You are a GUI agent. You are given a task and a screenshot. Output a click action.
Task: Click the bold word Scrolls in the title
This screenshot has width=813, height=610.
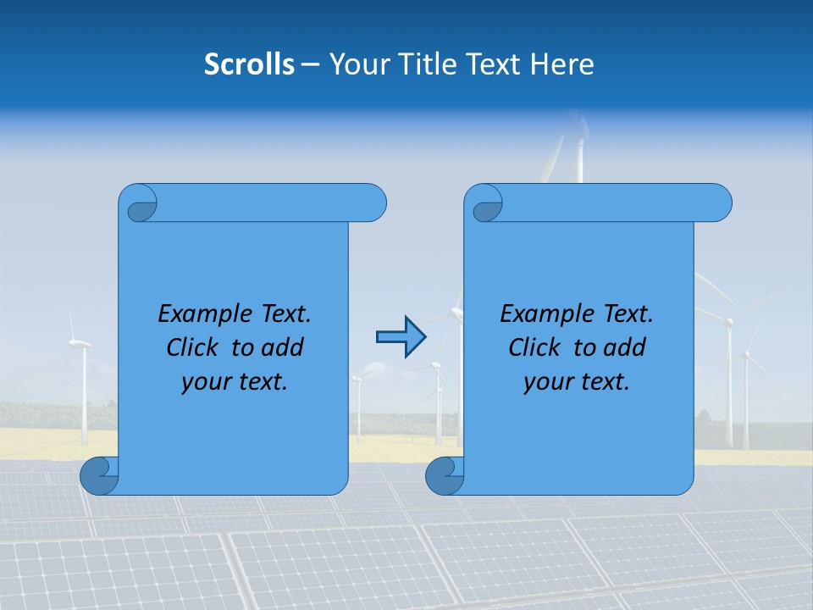point(249,64)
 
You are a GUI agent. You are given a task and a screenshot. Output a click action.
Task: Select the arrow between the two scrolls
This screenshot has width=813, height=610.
point(400,337)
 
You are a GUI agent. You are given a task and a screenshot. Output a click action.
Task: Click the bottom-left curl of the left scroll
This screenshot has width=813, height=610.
point(99,475)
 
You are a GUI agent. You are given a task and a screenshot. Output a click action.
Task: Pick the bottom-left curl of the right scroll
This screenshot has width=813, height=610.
point(445,475)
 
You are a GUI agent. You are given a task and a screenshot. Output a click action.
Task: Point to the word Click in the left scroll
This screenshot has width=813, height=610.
point(195,347)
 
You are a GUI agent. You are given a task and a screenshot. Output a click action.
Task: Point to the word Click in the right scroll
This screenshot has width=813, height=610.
point(537,347)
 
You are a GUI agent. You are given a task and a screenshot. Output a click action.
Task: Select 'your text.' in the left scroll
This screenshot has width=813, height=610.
point(235,382)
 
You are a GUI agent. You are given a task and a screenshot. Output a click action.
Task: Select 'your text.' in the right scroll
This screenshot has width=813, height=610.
point(577,382)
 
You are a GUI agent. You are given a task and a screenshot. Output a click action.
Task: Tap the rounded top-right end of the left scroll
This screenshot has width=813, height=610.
point(373,202)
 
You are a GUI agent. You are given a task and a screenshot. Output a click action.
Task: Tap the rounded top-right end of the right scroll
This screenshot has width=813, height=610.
point(719,202)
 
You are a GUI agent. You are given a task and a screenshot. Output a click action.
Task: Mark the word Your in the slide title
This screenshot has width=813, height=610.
point(355,64)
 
